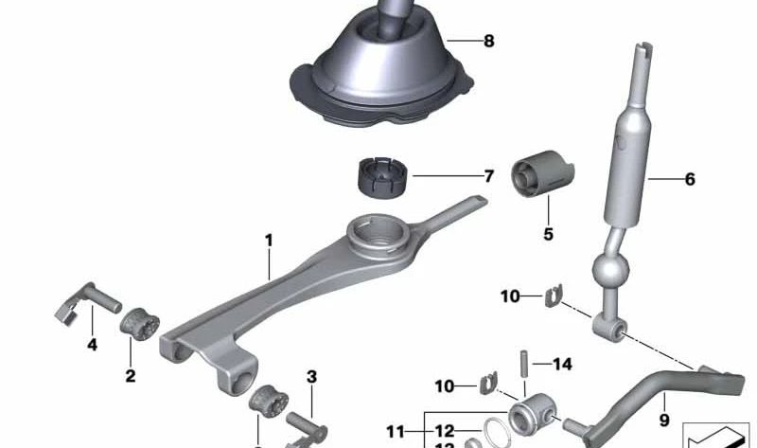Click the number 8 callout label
point(488,42)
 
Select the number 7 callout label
point(488,176)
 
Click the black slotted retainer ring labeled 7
point(380,178)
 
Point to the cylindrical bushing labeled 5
point(544,178)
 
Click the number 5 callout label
point(549,234)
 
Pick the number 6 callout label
point(689,179)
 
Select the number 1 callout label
point(269,241)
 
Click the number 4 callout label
point(92,345)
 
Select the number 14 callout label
point(562,364)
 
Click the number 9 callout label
point(663,420)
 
